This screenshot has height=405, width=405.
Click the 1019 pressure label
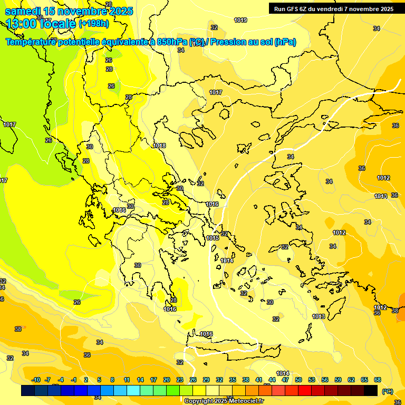coord(240,20)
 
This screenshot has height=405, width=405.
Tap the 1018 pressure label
coord(159,146)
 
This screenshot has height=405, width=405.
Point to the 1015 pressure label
coord(213,238)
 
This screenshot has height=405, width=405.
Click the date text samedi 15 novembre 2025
coord(69,11)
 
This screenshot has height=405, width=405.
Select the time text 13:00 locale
coord(41,24)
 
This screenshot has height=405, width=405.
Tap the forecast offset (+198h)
coord(94,24)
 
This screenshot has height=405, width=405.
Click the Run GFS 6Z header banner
coord(334,9)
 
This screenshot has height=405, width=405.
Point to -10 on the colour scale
coord(36,380)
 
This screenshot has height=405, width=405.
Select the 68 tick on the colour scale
coord(378,380)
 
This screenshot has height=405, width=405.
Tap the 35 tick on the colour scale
coord(233,380)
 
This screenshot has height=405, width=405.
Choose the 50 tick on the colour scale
coord(298,380)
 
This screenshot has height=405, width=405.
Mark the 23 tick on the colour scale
coord(180,380)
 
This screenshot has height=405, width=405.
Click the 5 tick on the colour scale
coord(99,380)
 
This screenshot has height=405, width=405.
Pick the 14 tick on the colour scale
coord(140,380)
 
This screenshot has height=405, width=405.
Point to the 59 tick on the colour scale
coord(338,380)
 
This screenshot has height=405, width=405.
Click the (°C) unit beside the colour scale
coord(387,391)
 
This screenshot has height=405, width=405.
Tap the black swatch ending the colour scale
coord(371,390)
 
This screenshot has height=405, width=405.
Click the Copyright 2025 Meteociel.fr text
coord(224,401)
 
